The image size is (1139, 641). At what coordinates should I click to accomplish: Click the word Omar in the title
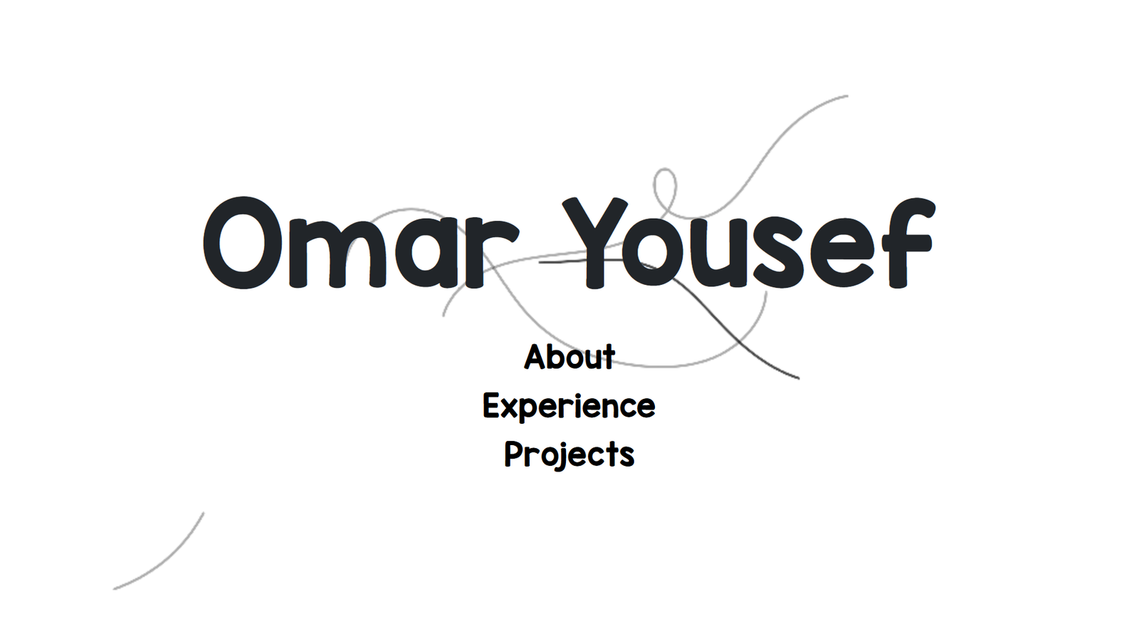tap(361, 243)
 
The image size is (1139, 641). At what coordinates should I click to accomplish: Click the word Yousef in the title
tap(748, 243)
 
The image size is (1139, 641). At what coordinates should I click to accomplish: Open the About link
tap(569, 356)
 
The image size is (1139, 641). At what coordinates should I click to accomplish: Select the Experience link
tap(569, 407)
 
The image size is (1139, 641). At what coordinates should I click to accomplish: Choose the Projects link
tap(569, 454)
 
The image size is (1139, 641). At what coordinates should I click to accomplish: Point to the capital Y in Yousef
tap(595, 243)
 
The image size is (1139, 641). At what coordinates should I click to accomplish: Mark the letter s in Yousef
tap(779, 253)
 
